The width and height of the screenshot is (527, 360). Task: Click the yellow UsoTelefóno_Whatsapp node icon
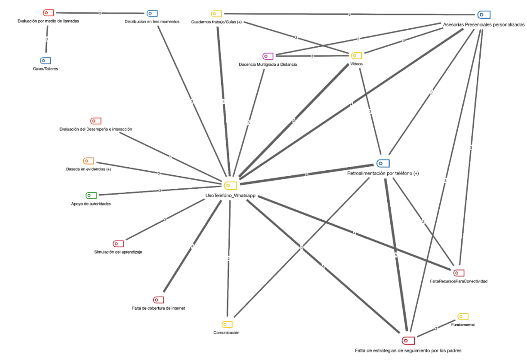tap(231, 185)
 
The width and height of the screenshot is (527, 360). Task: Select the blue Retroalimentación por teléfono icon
tap(383, 163)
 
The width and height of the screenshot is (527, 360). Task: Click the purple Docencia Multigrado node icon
tap(268, 56)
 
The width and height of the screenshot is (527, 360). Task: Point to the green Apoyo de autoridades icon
tap(91, 196)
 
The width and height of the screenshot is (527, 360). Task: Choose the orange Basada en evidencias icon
tap(89, 161)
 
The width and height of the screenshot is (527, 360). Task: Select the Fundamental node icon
tap(463, 317)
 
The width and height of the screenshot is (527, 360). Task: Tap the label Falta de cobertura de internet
tap(156, 308)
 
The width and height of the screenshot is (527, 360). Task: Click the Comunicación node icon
tap(227, 324)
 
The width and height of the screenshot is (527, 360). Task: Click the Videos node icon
tap(357, 56)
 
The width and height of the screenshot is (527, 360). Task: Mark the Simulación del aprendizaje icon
tap(118, 244)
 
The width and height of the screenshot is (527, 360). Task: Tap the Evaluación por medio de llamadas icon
tap(48, 13)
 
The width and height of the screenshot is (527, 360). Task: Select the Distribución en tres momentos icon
tap(152, 13)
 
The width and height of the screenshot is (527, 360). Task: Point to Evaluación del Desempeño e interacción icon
tap(96, 121)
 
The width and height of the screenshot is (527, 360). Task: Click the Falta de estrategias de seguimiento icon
tap(407, 340)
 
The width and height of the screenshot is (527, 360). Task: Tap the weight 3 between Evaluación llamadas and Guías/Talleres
tap(47, 40)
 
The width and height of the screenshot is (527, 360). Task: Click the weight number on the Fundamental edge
tap(436, 329)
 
